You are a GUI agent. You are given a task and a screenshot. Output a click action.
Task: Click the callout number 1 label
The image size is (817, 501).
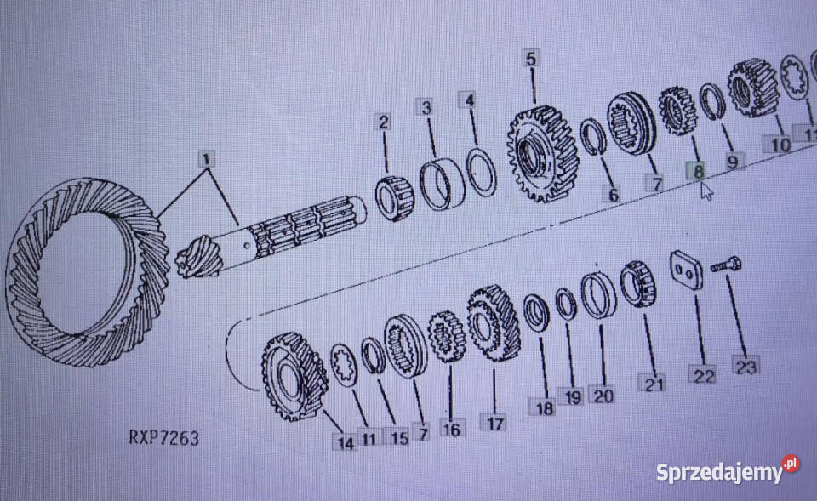point(207,159)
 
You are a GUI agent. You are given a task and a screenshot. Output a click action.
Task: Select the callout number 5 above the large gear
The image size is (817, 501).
point(531,58)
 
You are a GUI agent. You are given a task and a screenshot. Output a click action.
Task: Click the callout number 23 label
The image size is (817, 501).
point(746,365)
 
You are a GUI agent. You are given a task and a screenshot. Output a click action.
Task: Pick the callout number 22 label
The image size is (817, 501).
point(702,374)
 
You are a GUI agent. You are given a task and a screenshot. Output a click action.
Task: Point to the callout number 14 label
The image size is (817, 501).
point(345,441)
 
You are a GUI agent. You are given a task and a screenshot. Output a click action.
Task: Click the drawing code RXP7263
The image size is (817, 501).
point(163,438)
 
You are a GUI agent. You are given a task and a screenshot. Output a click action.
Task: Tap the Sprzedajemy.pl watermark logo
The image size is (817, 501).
point(728,470)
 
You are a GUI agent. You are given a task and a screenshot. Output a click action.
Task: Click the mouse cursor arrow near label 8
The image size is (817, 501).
point(706,190)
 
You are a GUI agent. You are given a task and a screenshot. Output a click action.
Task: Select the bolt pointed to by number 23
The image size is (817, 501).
point(726,265)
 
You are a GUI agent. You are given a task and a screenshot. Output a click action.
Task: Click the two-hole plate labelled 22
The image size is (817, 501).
point(686,270)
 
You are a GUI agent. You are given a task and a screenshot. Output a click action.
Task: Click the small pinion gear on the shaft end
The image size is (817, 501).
point(199,258)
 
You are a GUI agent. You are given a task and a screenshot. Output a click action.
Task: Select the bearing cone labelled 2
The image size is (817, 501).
point(394,198)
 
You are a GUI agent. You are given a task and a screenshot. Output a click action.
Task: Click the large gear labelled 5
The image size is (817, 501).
point(543,154)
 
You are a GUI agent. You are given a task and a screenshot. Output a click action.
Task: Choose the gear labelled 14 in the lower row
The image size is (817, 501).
point(294,377)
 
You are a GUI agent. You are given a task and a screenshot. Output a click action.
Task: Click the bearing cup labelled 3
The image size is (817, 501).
point(443,184)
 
